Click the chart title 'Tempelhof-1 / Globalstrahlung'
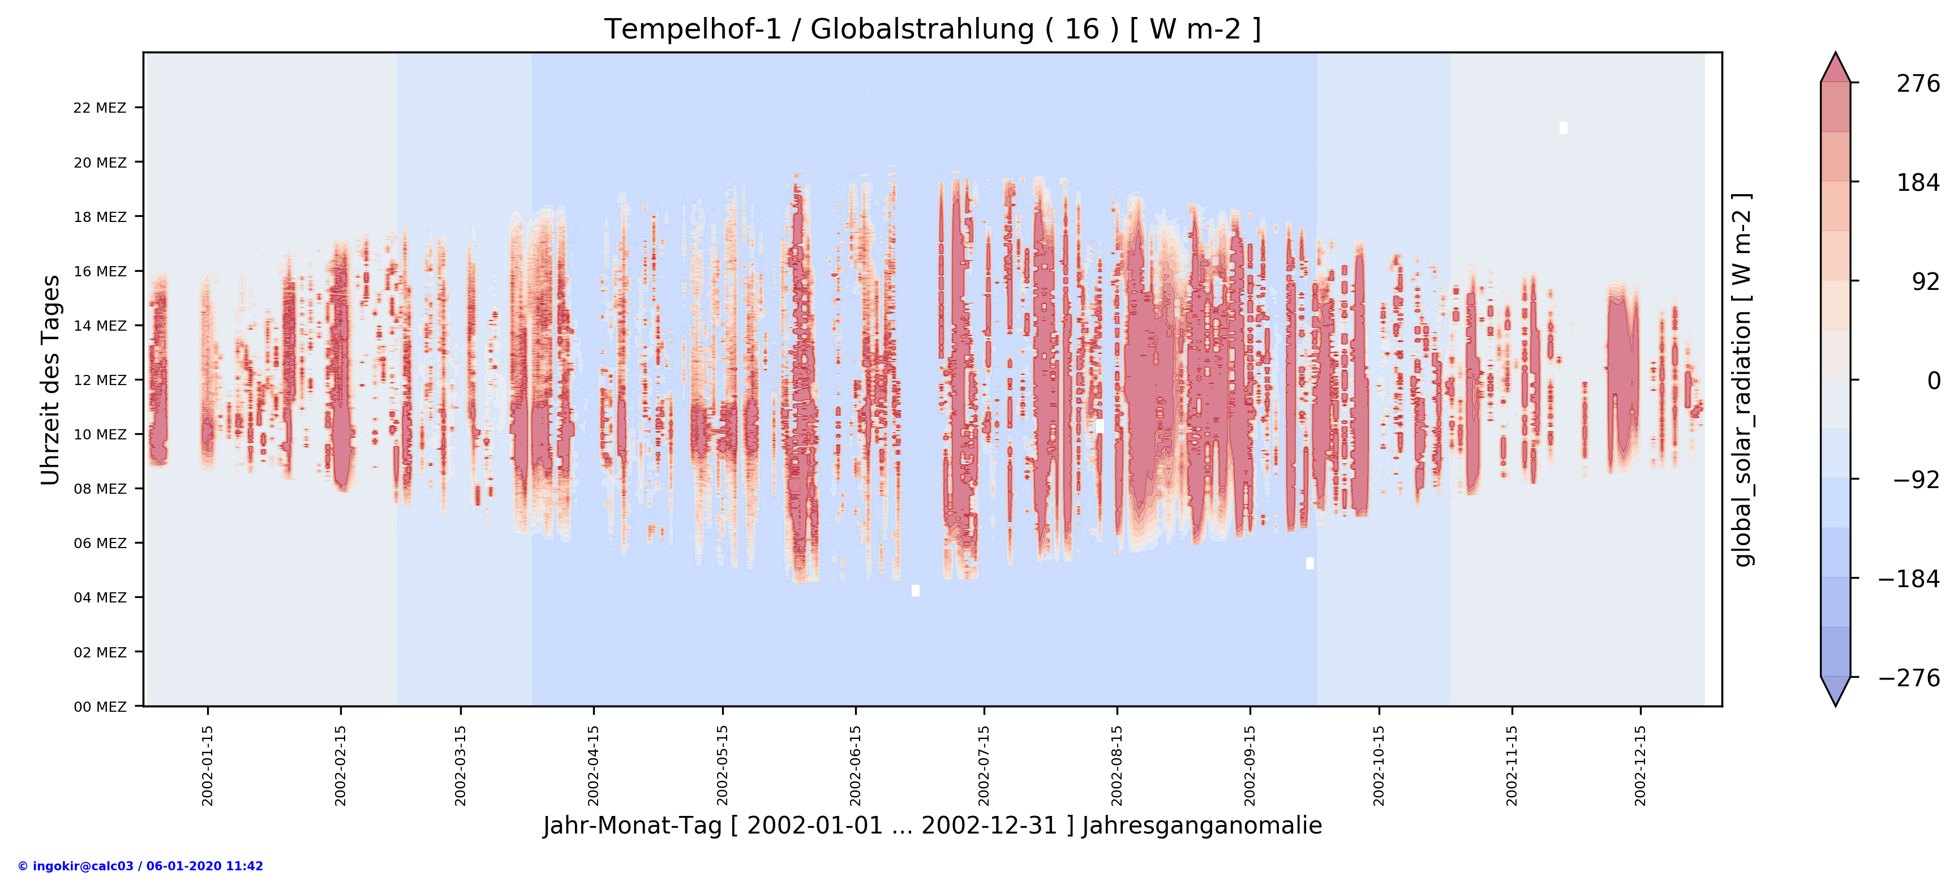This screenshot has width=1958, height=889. pyautogui.click(x=932, y=29)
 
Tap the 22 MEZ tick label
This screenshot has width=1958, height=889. pyautogui.click(x=100, y=108)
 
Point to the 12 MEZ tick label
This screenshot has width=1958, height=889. pyautogui.click(x=100, y=381)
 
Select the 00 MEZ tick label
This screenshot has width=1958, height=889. pyautogui.click(x=100, y=707)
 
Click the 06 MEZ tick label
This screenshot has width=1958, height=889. pyautogui.click(x=100, y=543)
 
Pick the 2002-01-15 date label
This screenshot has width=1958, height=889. pyautogui.click(x=208, y=765)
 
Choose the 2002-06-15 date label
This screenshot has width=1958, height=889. pyautogui.click(x=856, y=765)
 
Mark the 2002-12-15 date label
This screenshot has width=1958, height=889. pyautogui.click(x=1641, y=765)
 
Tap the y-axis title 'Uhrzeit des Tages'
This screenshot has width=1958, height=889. pyautogui.click(x=50, y=381)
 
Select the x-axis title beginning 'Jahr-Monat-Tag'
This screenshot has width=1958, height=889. pyautogui.click(x=932, y=826)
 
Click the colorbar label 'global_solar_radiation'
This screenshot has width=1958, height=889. pyautogui.click(x=1742, y=381)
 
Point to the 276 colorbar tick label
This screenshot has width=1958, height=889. pyautogui.click(x=1918, y=84)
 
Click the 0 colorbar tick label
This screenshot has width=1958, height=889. pyautogui.click(x=1933, y=381)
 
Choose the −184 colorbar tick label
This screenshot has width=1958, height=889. pyautogui.click(x=1909, y=579)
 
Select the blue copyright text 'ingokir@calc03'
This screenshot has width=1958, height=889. pyautogui.click(x=140, y=866)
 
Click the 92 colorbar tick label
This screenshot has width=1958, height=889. pyautogui.click(x=1925, y=282)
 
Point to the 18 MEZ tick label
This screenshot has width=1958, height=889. pyautogui.click(x=100, y=217)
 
